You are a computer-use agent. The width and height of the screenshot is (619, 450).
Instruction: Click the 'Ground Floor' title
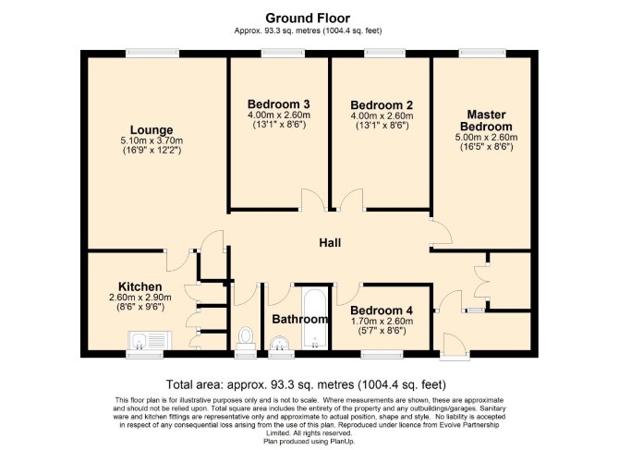pyautogui.click(x=308, y=18)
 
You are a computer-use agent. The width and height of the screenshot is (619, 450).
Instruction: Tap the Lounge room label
pyautogui.click(x=152, y=130)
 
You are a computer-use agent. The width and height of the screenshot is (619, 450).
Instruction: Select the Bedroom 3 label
pyautogui.click(x=279, y=104)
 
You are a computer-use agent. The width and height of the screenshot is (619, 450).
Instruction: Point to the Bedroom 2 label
pyautogui.click(x=382, y=105)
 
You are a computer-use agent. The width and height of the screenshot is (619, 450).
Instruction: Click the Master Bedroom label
pyautogui.click(x=486, y=120)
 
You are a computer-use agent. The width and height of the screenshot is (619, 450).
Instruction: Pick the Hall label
pyautogui.click(x=330, y=243)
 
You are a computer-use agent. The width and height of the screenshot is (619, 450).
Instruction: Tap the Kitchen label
pyautogui.click(x=140, y=286)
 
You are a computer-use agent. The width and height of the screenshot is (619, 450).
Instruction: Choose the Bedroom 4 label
pyautogui.click(x=382, y=310)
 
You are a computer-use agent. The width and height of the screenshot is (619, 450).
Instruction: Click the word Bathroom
pyautogui.click(x=300, y=319)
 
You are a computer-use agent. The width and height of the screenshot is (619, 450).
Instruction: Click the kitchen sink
pyautogui.click(x=150, y=340)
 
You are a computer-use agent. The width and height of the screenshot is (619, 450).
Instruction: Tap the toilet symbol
pyautogui.click(x=246, y=338)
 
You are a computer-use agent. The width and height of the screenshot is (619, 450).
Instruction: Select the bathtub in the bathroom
pyautogui.click(x=315, y=318)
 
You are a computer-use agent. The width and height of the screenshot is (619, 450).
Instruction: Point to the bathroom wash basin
pyautogui.click(x=280, y=343)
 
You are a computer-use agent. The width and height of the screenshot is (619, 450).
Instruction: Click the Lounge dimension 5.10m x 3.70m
pyautogui.click(x=152, y=140)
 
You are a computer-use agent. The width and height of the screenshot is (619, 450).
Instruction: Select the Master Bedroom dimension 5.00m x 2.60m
pyautogui.click(x=486, y=138)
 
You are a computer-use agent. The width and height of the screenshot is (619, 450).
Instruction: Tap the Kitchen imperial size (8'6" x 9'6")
pyautogui.click(x=140, y=307)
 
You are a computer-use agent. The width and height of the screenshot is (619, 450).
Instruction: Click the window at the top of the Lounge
pyautogui.click(x=152, y=54)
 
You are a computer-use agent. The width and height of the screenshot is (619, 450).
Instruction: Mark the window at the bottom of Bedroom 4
pyautogui.click(x=382, y=354)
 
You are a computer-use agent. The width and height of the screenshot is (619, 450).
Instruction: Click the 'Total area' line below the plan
pyautogui.click(x=306, y=384)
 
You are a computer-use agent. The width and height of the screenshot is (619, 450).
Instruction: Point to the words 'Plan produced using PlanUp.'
pyautogui.click(x=309, y=441)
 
